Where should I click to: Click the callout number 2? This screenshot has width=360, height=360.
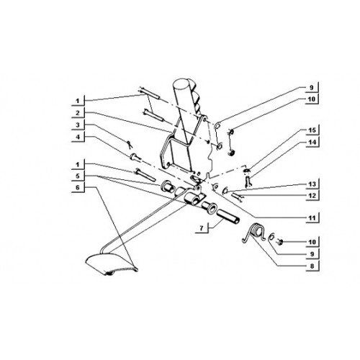(x=78, y=113)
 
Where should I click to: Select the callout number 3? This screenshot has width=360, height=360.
(x=78, y=125)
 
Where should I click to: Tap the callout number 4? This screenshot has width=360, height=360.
(x=78, y=137)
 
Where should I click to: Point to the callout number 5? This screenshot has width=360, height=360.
(x=78, y=176)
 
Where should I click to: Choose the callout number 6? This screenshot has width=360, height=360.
(x=78, y=187)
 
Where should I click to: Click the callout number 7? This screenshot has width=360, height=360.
(x=202, y=228)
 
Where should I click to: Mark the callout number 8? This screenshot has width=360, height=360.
(x=312, y=266)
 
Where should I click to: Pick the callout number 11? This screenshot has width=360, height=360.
(x=312, y=218)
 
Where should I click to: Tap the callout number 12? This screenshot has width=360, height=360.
(x=312, y=196)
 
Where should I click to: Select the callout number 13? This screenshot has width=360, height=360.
(x=312, y=184)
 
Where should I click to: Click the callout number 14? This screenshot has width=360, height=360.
(x=312, y=143)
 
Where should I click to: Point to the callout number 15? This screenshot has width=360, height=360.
(x=312, y=130)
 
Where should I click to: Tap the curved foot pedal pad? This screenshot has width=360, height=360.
(x=112, y=263)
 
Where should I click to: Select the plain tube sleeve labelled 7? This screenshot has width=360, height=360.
(x=228, y=216)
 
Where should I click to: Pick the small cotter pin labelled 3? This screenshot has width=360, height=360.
(x=130, y=145)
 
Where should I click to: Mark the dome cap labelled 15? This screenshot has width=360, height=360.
(x=247, y=171)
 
